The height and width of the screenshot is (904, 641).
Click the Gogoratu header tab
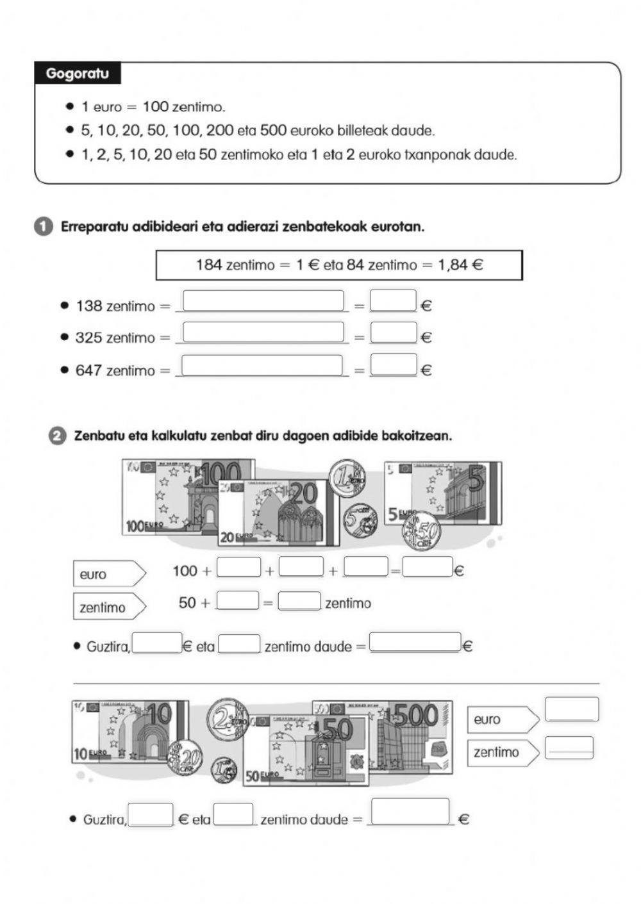pos(77,73)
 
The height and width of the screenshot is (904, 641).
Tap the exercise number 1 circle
pos(43,227)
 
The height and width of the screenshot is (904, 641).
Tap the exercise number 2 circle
pos(57,436)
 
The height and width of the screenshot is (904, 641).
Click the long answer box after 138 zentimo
pos(263,300)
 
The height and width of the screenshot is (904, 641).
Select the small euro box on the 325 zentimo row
pos(394,333)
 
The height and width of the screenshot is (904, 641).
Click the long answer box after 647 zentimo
pos(262,365)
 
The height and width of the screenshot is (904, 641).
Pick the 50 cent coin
pos(422,530)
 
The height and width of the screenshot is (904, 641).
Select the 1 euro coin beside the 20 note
pos(347,479)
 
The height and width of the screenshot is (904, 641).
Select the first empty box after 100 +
pos(238,567)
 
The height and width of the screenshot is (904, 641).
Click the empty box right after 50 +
pos(238,600)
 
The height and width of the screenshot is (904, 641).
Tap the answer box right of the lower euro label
pos(572,709)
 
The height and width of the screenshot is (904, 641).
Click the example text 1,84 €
pos(460,265)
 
